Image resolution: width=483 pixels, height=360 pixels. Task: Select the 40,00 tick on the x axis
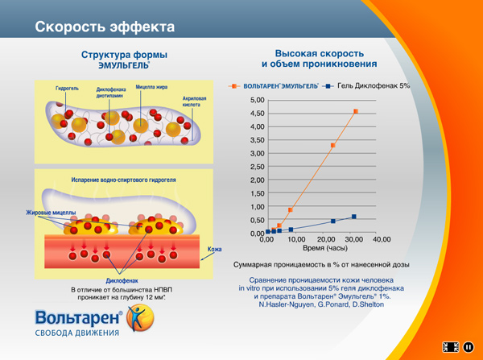click(381, 239)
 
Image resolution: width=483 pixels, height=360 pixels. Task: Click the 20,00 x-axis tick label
click(325, 239)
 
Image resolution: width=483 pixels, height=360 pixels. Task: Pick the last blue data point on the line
click(353, 217)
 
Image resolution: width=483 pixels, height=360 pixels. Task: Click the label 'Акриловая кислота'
click(194, 101)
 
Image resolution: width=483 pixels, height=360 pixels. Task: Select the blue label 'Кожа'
click(214, 250)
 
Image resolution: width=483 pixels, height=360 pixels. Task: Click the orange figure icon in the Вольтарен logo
click(139, 316)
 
